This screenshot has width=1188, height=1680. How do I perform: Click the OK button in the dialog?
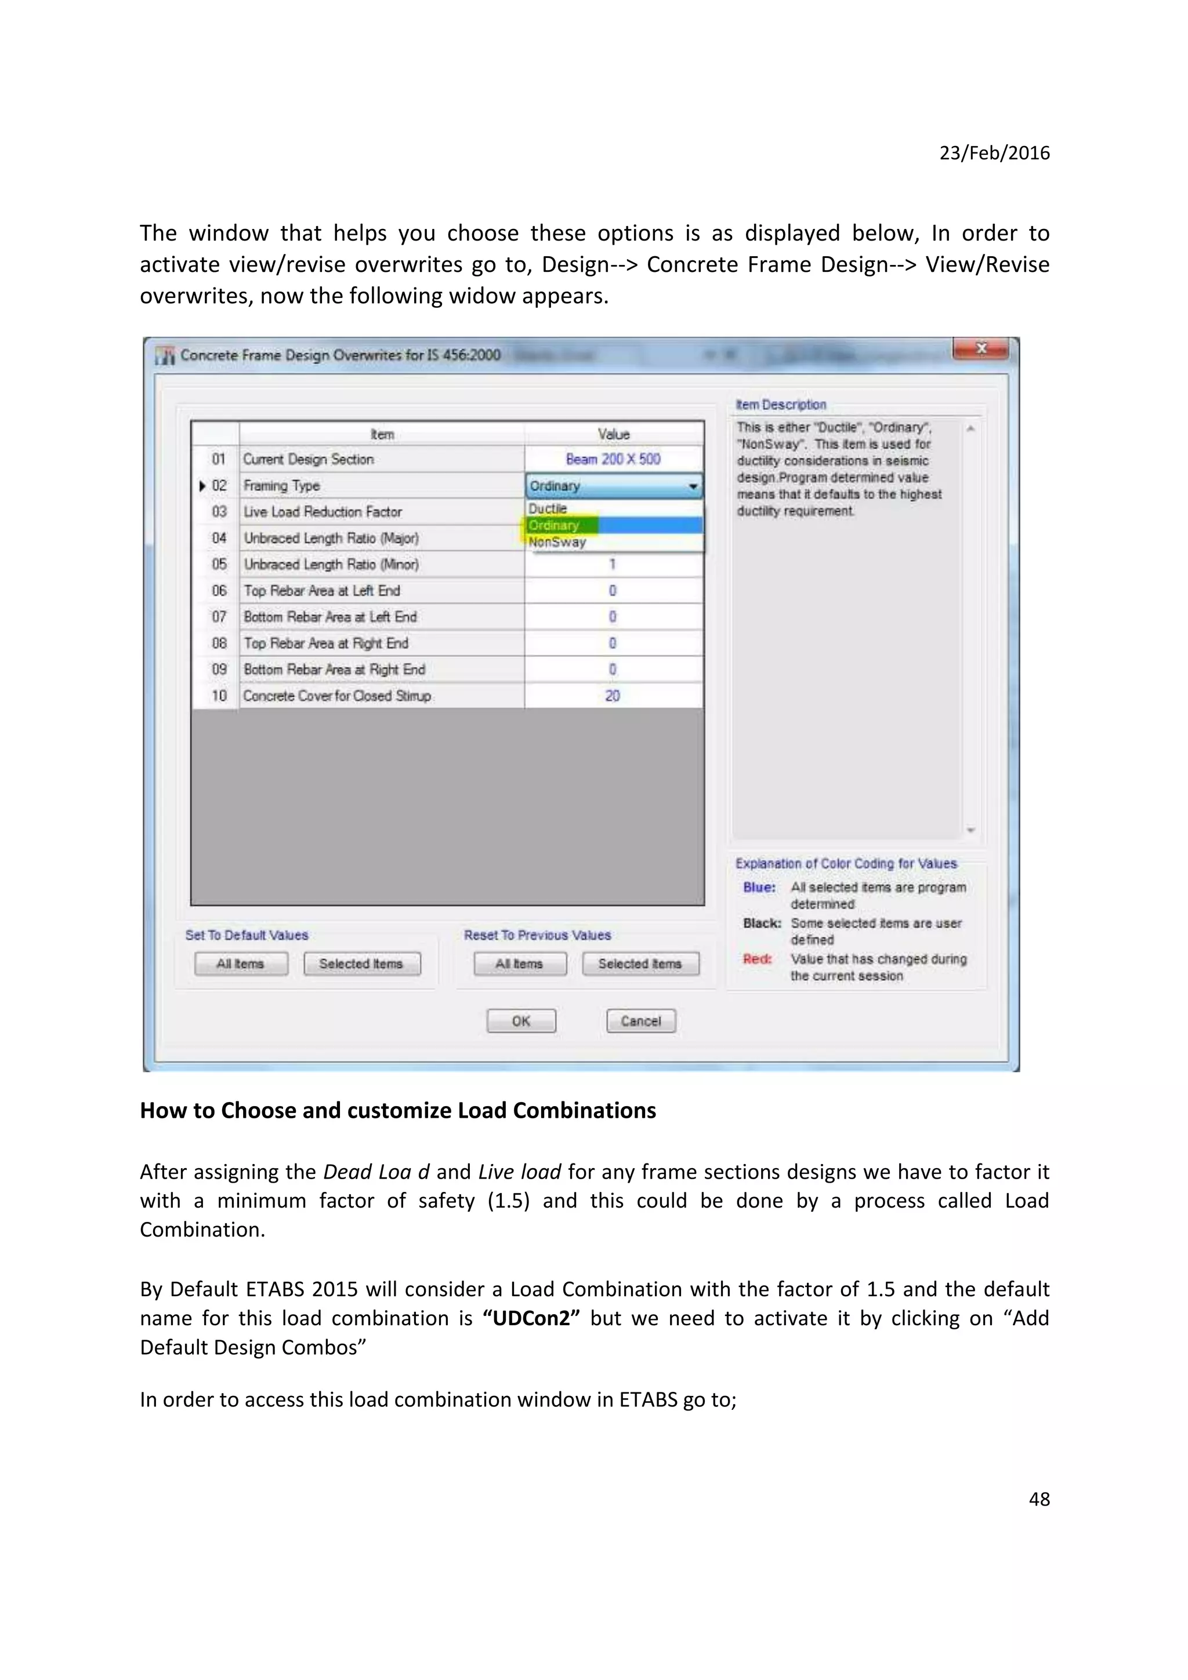click(521, 1021)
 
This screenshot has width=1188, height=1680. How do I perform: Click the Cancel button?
click(640, 1021)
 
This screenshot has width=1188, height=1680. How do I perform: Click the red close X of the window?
click(981, 348)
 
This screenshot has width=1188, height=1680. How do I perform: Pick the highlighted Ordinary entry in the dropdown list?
click(554, 525)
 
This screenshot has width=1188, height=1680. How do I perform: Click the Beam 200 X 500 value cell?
click(613, 459)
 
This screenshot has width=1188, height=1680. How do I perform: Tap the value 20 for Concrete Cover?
click(613, 696)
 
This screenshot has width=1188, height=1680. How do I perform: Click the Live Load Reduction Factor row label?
click(323, 511)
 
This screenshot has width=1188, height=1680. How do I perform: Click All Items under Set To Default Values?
click(241, 963)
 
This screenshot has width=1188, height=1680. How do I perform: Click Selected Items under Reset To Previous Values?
click(640, 963)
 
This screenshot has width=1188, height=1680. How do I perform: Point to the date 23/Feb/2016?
click(994, 153)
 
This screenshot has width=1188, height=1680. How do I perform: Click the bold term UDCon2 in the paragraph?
click(531, 1318)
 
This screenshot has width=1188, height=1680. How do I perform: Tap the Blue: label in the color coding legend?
click(759, 888)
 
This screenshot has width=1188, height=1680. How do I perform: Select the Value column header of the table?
click(613, 434)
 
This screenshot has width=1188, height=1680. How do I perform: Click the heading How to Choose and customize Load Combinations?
click(397, 1110)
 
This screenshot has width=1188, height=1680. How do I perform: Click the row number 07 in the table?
click(219, 617)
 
